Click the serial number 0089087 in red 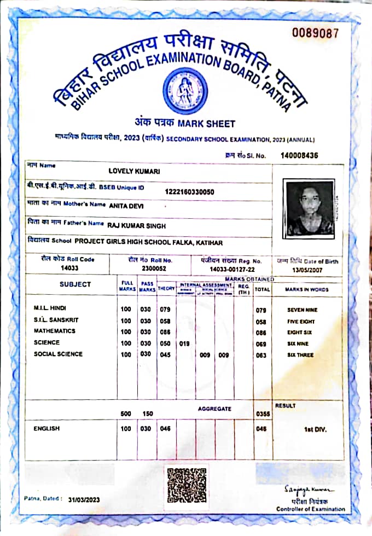click(x=315, y=33)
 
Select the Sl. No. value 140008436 click(x=299, y=155)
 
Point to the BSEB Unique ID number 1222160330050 click(x=189, y=191)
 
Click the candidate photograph click(x=310, y=208)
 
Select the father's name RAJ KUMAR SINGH click(x=136, y=225)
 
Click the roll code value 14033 click(x=70, y=268)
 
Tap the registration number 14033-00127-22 click(x=232, y=269)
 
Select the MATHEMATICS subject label click(x=55, y=331)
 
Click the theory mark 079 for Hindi click(x=165, y=310)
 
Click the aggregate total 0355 click(x=263, y=414)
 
